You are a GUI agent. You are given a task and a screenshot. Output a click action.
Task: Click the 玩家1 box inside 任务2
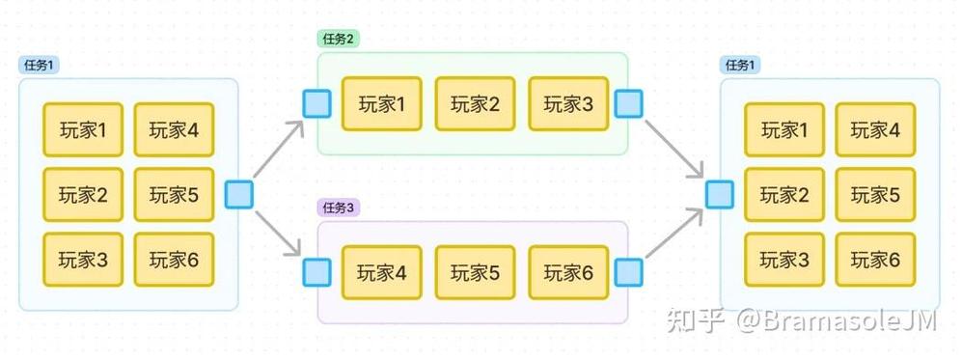381,103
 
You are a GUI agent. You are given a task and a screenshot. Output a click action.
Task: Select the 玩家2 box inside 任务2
475,103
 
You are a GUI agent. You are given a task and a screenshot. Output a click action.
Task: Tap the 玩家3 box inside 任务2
568,103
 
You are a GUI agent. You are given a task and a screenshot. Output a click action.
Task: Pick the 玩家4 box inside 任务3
381,273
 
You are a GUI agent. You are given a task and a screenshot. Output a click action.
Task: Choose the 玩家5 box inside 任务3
475,273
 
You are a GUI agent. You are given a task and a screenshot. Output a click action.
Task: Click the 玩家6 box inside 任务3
568,273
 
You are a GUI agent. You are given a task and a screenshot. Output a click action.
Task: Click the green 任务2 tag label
338,39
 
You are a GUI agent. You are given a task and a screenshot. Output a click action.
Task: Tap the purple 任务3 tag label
338,208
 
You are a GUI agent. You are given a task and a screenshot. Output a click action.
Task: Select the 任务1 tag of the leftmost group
39,65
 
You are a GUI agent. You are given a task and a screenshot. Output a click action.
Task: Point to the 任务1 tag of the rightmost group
740,65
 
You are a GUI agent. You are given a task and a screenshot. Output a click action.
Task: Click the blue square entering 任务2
316,103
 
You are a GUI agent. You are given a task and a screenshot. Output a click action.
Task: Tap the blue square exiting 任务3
629,273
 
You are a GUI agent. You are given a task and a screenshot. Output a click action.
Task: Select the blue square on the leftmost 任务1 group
238,194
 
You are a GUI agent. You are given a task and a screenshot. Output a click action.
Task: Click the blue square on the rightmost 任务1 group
719,194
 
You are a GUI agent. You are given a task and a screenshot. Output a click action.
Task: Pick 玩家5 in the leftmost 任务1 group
174,195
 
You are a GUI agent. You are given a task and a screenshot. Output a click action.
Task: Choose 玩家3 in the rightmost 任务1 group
784,260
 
